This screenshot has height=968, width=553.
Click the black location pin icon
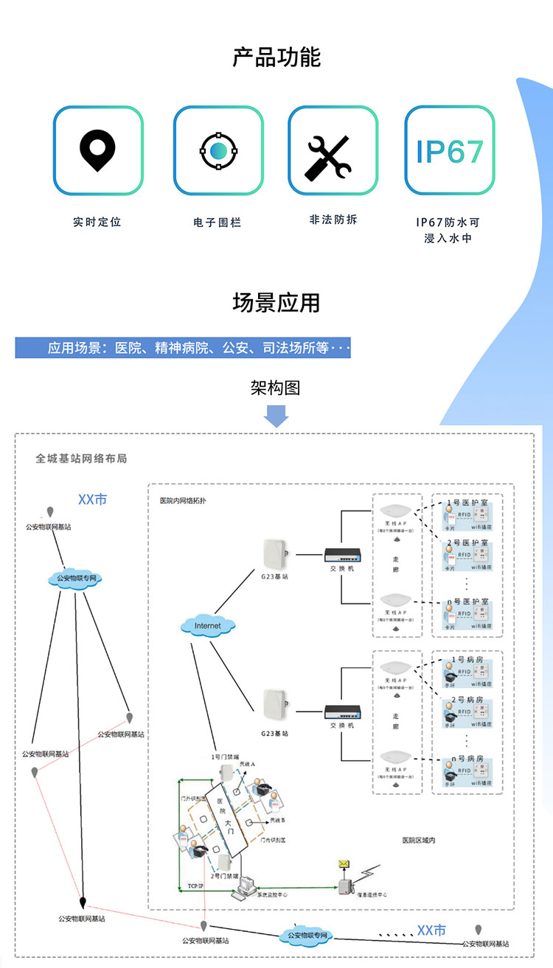[98, 150]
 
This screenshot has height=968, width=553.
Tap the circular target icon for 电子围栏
[218, 150]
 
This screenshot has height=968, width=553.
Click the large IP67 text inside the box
[450, 151]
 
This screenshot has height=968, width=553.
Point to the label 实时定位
[97, 222]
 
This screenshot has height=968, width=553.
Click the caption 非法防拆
[333, 220]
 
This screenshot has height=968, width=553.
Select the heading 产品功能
[276, 57]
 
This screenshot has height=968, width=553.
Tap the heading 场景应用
[276, 302]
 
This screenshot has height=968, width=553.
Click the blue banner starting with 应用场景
[183, 348]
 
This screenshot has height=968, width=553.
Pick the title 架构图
[276, 388]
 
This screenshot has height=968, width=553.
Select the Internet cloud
[207, 626]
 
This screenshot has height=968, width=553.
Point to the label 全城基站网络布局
[81, 458]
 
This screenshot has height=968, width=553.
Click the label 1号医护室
[467, 502]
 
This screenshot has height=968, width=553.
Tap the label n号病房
[467, 758]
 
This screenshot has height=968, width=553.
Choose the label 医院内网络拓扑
[183, 500]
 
